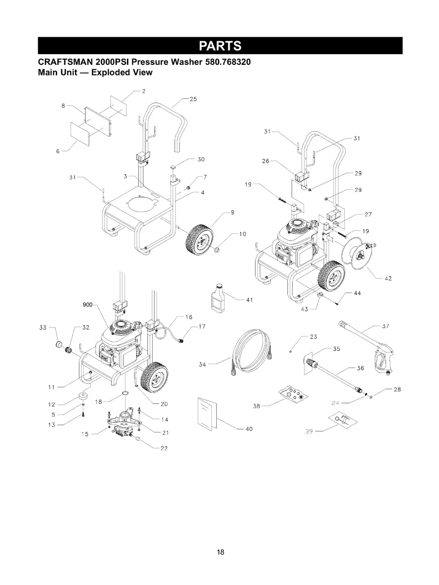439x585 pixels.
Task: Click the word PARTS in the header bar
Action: tap(220, 46)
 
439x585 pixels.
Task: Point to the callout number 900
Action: tap(87, 305)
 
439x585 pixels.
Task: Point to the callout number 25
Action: tap(193, 99)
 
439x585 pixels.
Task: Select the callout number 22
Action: tap(164, 448)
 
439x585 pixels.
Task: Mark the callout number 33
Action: tap(43, 328)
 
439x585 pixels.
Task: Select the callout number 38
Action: tap(257, 406)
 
